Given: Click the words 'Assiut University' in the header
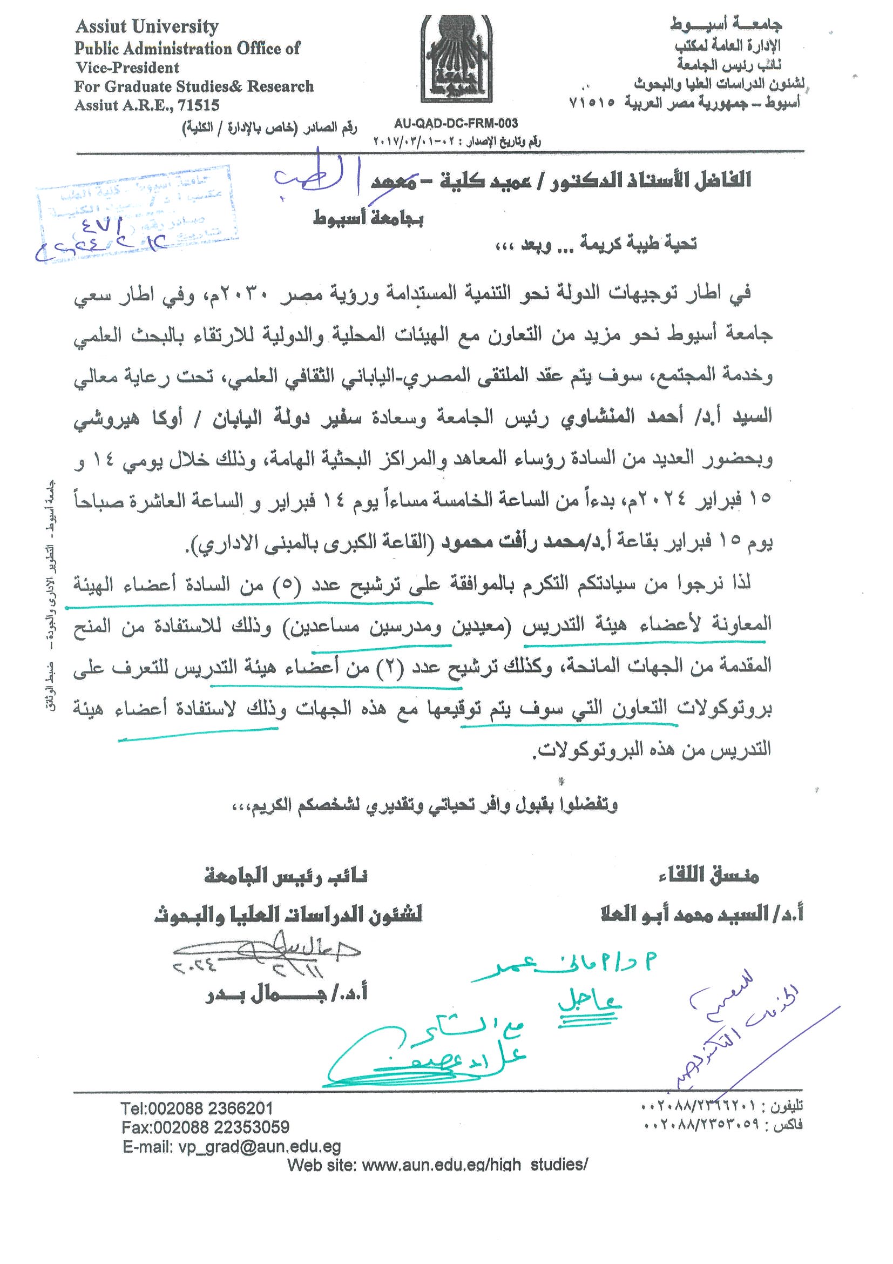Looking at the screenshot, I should [x=147, y=26].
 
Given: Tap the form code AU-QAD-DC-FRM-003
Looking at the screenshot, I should [x=456, y=124].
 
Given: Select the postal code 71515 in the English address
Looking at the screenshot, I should [x=199, y=105].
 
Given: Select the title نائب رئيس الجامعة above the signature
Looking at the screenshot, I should [x=286, y=875].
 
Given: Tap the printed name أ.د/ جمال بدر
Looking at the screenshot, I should [x=286, y=994].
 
